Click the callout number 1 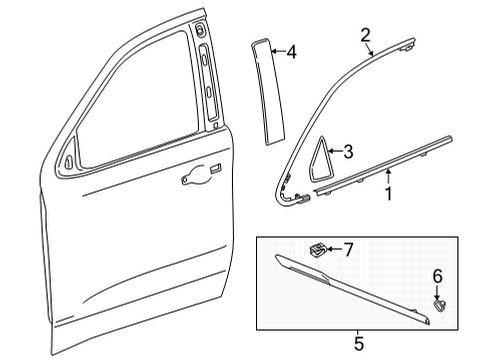tap(389, 193)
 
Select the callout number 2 tap(366, 35)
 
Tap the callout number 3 tap(348, 151)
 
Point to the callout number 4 tap(292, 52)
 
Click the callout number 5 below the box tap(359, 344)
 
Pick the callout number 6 tap(437, 276)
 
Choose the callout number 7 tap(348, 250)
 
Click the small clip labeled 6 tap(439, 305)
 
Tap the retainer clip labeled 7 tap(318, 250)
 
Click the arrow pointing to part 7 tap(335, 249)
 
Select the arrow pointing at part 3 tap(335, 151)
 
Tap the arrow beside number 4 tap(279, 51)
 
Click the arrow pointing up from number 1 tap(388, 177)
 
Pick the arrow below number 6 tap(437, 292)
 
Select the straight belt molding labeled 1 tap(383, 164)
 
